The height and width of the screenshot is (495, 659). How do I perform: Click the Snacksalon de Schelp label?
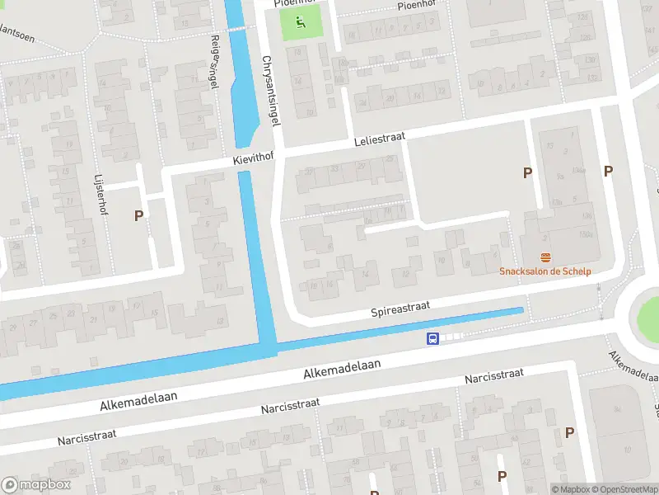tap(544, 271)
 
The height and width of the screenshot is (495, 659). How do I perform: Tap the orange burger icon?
tap(544, 258)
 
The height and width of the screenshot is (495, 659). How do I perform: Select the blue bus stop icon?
tap(431, 338)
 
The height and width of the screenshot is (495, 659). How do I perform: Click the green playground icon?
tap(300, 23)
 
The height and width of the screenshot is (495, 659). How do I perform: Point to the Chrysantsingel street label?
tap(271, 91)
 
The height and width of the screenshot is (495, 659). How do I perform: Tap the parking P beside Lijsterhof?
tap(138, 216)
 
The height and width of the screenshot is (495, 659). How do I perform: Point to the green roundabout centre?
tap(647, 312)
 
